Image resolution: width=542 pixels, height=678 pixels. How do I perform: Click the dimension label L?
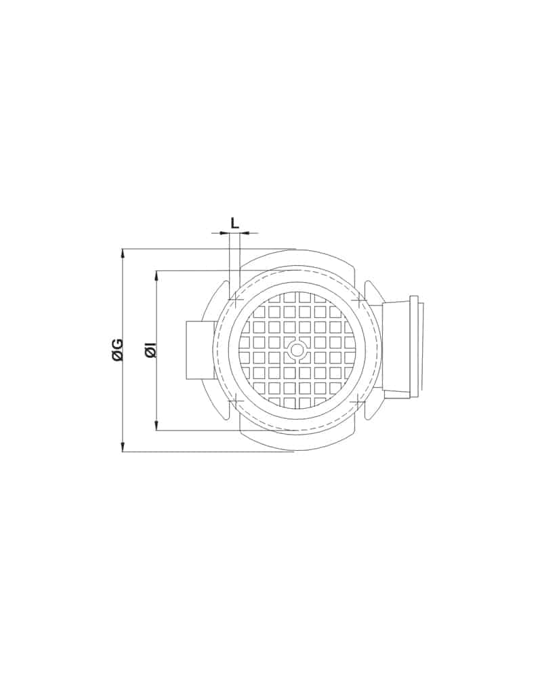click(x=234, y=223)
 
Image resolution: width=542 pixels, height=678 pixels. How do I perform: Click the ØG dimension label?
click(x=118, y=350)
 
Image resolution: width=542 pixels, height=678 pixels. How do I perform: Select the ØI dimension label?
click(x=150, y=350)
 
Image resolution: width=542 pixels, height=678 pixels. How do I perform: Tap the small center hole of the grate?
click(x=297, y=350)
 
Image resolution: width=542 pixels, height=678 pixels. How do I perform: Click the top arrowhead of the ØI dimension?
click(x=157, y=276)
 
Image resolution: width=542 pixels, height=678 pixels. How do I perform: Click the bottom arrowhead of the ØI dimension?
click(x=157, y=425)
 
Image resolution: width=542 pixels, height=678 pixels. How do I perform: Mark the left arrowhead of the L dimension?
click(x=224, y=233)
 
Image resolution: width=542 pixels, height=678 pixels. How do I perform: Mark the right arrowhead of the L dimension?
click(x=245, y=233)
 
